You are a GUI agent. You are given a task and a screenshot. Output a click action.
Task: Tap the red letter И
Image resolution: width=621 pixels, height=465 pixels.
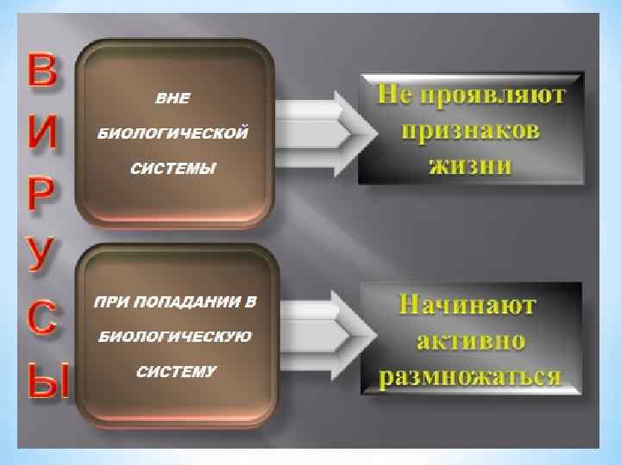(42, 133)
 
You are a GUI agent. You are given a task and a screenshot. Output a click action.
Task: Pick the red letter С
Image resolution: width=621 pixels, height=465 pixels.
(42, 320)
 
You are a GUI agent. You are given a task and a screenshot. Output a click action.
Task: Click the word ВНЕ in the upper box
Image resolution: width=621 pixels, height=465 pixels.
(172, 98)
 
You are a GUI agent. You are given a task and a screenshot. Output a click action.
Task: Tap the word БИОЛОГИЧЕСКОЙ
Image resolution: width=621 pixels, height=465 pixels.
(172, 133)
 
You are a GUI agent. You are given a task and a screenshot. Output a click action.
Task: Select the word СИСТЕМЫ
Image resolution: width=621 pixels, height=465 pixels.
(172, 167)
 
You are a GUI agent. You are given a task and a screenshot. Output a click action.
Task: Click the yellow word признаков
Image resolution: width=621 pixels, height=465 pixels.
(470, 131)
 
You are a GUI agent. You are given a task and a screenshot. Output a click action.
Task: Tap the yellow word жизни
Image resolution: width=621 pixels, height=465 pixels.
(470, 164)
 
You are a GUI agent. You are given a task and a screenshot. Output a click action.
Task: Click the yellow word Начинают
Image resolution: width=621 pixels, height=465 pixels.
(470, 305)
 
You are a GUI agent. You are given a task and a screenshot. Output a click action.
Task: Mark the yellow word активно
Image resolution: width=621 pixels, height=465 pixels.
(470, 340)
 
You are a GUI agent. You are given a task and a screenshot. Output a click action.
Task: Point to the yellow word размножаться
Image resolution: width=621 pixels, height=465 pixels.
(470, 376)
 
